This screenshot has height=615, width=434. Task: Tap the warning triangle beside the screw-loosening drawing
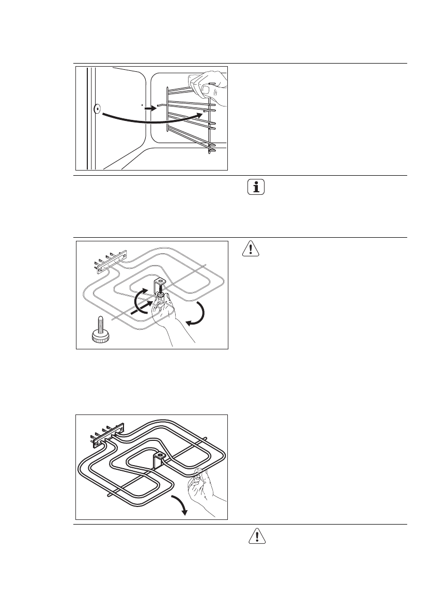tap(251, 250)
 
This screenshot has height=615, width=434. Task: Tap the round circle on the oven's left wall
tap(97, 109)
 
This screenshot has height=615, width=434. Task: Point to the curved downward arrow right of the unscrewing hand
tap(199, 315)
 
